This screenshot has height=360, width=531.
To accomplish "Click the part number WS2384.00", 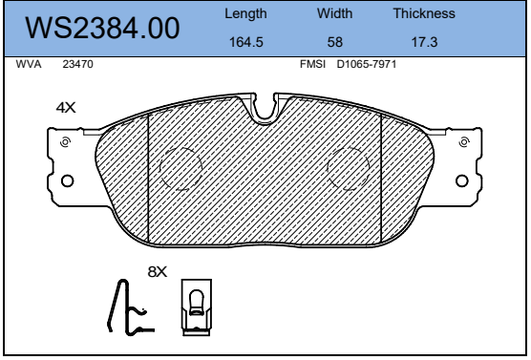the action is tap(102, 28).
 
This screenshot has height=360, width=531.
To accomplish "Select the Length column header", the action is tap(245, 14).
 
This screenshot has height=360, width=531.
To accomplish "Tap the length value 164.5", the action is tap(245, 42).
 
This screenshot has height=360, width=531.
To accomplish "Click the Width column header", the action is tap(334, 13).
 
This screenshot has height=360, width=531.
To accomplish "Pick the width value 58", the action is tap(334, 42).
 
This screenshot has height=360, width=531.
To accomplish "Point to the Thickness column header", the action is tap(424, 13).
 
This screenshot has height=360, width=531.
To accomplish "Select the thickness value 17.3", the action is tap(424, 42).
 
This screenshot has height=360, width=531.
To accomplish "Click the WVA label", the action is tap(29, 64).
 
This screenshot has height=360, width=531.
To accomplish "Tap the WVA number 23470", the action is tap(77, 64).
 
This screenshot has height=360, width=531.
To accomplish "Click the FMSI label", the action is tap(312, 64).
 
